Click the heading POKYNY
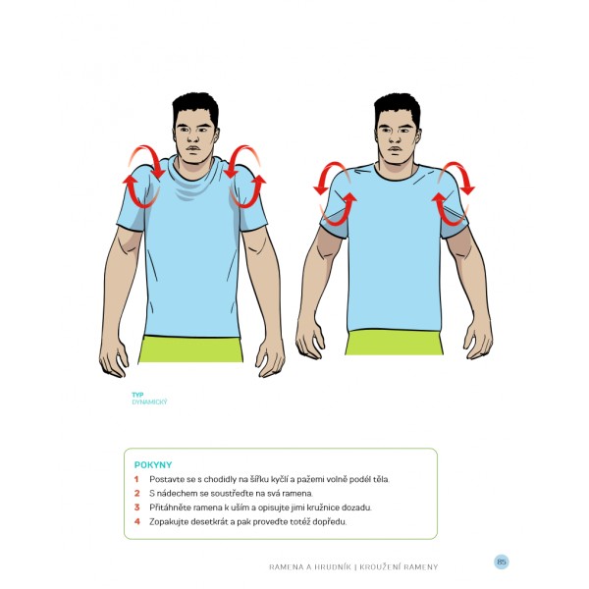tap(153, 464)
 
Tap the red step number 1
tap(136, 479)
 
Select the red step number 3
tap(136, 508)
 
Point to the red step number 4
tap(136, 522)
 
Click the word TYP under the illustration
tap(137, 395)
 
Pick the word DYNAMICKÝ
tap(149, 402)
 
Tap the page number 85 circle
tap(502, 562)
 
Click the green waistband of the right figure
tap(394, 343)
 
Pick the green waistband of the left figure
tap(191, 349)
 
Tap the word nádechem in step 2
tap(175, 494)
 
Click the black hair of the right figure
tap(397, 107)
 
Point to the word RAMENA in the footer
tap(286, 566)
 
